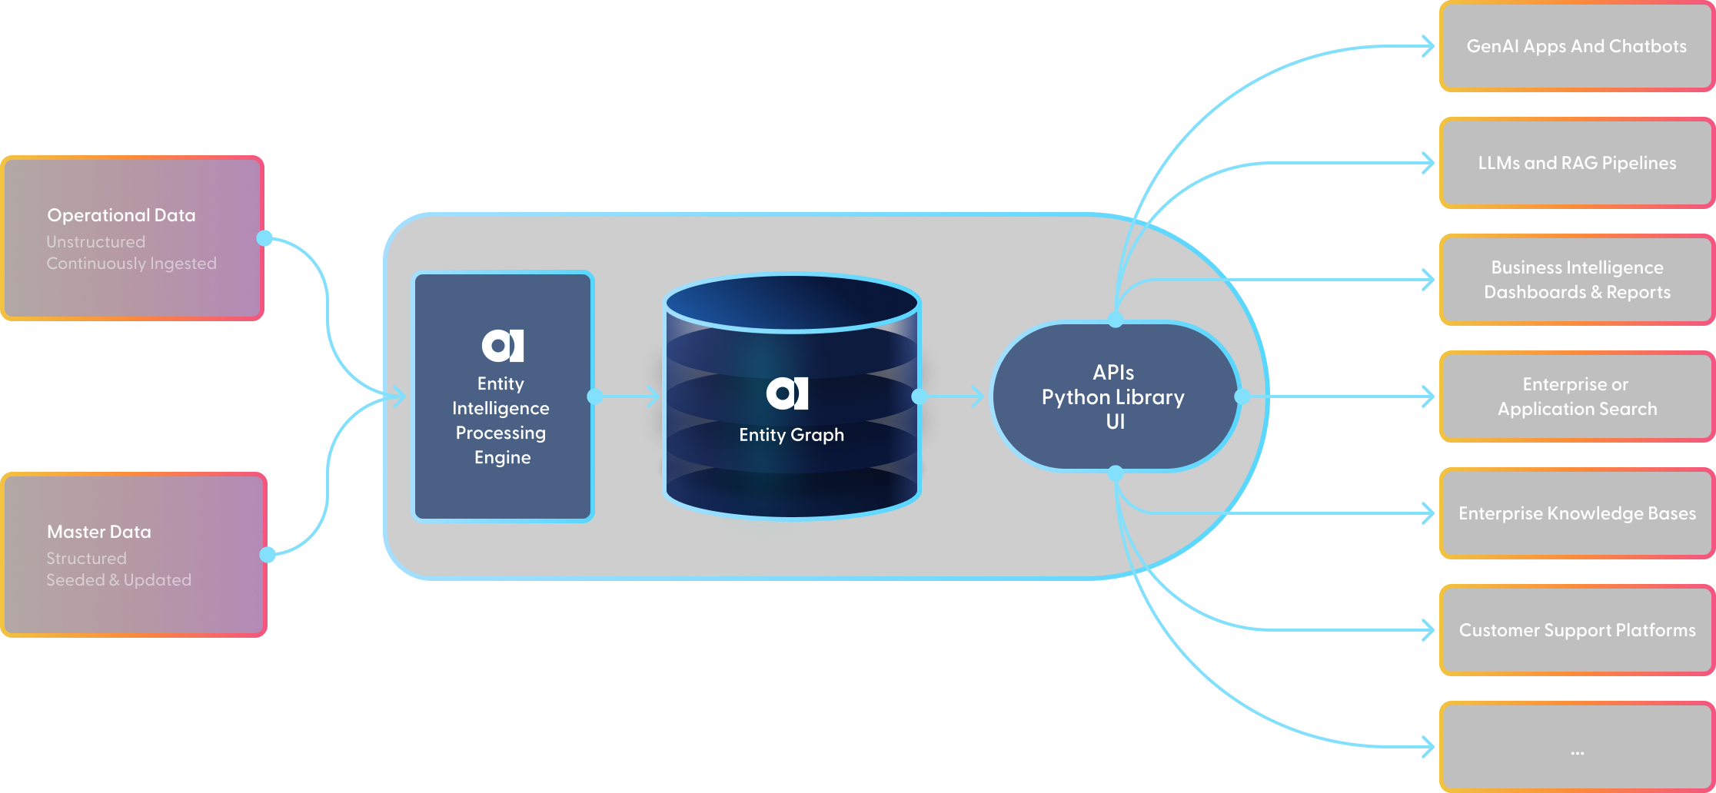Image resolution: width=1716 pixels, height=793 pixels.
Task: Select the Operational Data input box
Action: (132, 238)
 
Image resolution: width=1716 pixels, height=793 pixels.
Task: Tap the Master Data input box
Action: (134, 555)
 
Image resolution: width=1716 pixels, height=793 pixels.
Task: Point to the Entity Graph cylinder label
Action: (791, 435)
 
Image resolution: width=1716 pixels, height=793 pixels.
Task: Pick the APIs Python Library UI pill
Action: (1114, 396)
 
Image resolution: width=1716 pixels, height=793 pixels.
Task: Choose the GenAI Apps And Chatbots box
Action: (1576, 46)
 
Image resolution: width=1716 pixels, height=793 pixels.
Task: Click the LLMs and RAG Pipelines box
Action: (1576, 163)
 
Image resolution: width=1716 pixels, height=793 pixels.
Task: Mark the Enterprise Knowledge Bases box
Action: (1576, 513)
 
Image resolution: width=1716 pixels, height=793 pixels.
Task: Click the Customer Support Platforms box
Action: (1576, 630)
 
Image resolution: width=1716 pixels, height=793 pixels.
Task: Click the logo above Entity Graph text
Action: (787, 393)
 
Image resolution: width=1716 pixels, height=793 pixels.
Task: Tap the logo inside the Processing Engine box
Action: (503, 346)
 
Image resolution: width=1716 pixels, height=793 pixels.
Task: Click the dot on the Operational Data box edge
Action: (264, 238)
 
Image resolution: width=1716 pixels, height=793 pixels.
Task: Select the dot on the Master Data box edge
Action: (268, 555)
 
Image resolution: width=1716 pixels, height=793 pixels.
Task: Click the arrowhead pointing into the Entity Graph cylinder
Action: (653, 396)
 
